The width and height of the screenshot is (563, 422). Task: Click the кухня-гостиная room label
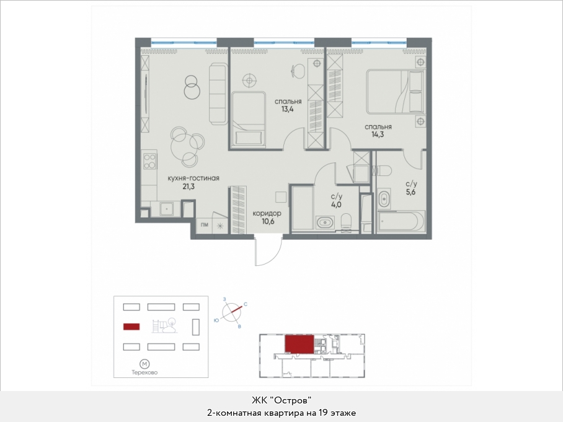click(x=193, y=178)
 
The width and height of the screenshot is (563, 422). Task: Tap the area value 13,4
click(x=287, y=110)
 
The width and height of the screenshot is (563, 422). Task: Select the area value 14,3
click(x=378, y=135)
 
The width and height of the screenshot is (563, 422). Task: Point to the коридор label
click(x=267, y=214)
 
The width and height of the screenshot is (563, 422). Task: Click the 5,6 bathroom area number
click(x=410, y=192)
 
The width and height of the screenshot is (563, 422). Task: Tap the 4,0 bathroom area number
click(x=337, y=205)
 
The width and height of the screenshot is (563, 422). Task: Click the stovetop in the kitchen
click(x=149, y=161)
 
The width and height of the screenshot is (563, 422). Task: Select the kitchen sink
click(x=167, y=209)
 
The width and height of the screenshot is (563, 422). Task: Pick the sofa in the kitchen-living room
click(x=218, y=94)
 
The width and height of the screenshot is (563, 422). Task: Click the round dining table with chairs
click(x=187, y=147)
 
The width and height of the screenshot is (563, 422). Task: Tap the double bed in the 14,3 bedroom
click(x=395, y=92)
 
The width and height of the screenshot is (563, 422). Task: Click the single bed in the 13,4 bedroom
click(x=248, y=119)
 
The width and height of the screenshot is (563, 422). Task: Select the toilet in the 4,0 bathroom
click(x=347, y=221)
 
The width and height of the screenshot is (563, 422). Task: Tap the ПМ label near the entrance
click(x=204, y=226)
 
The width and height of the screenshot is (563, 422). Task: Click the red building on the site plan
click(x=131, y=327)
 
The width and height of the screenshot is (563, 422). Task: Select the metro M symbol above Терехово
click(x=144, y=364)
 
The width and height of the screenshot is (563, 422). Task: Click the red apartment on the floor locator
click(x=299, y=344)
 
